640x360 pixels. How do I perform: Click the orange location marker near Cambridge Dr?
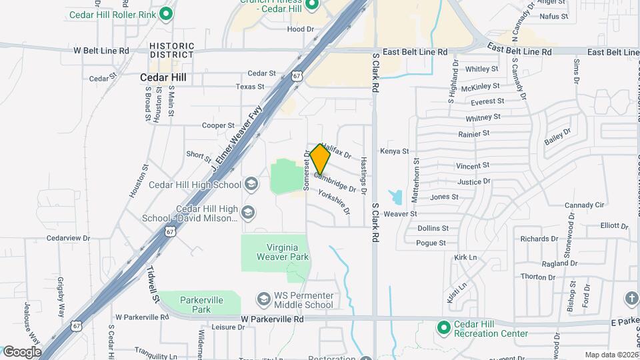[x=320, y=159]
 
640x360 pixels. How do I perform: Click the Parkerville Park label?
[x=201, y=305]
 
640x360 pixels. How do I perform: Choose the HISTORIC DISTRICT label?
[x=172, y=50]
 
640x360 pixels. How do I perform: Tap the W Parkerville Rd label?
[x=272, y=320]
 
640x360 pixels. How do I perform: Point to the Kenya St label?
[x=394, y=151]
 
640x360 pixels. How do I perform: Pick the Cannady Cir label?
[x=584, y=205]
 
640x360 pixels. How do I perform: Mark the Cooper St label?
[x=219, y=125]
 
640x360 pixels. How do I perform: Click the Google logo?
[x=22, y=351]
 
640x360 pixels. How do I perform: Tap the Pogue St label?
[x=431, y=243]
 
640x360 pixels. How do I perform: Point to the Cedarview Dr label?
[x=68, y=238]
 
